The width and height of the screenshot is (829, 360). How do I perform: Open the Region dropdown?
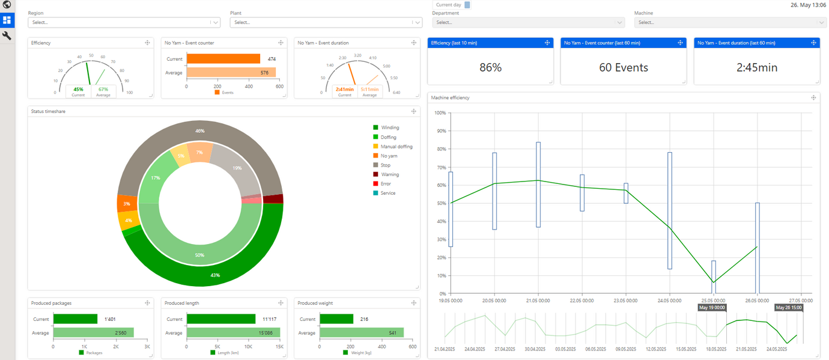[x=124, y=22]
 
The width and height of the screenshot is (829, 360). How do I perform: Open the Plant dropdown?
[x=326, y=22]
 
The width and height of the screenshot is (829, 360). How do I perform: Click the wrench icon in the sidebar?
[x=7, y=36]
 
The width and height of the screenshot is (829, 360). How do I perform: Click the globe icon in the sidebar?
[x=7, y=5]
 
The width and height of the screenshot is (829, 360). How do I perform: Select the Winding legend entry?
[x=389, y=127]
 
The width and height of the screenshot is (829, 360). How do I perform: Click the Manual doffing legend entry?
[x=396, y=147]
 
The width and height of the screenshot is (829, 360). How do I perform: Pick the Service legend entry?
[x=387, y=193]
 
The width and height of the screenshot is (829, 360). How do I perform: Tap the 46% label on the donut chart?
[x=200, y=130]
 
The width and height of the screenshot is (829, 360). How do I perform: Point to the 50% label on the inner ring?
[x=199, y=255]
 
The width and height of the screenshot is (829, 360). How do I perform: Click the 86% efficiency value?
[x=490, y=68]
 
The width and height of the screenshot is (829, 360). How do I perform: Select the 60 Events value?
[x=624, y=68]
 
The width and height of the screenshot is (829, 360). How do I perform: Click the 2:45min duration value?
[x=756, y=68]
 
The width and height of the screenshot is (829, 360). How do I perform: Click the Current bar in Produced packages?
[x=75, y=319]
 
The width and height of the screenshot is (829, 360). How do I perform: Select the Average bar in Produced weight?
[x=361, y=332]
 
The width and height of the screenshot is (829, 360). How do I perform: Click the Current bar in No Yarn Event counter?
[x=223, y=59]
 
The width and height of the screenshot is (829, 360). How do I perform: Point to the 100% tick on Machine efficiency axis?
[x=440, y=113]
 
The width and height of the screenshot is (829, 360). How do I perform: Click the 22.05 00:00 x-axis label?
[x=582, y=300]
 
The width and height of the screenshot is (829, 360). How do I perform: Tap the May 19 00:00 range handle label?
[x=712, y=308]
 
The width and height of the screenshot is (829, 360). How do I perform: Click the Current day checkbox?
[x=467, y=5]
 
